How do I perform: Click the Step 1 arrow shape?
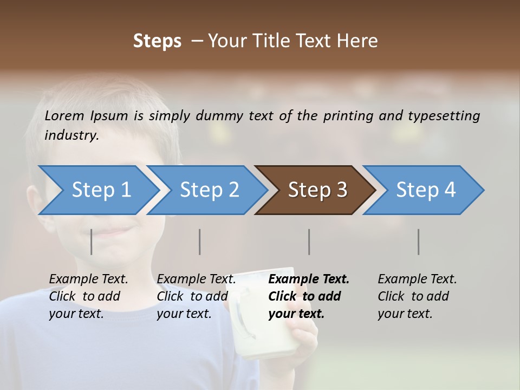point(101,190)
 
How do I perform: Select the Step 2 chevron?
point(209,190)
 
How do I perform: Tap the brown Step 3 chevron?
point(317,190)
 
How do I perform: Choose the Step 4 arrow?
point(426,190)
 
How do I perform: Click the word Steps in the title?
point(157,41)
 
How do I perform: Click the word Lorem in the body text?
point(64,115)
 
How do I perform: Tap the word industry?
point(71,135)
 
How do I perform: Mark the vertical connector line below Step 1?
point(92,242)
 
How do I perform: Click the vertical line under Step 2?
point(200,242)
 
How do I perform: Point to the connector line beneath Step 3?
point(309,242)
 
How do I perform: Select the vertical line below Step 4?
point(418,242)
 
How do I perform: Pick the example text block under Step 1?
point(88,296)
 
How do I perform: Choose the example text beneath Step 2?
point(196,296)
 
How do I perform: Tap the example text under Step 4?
point(417,296)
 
